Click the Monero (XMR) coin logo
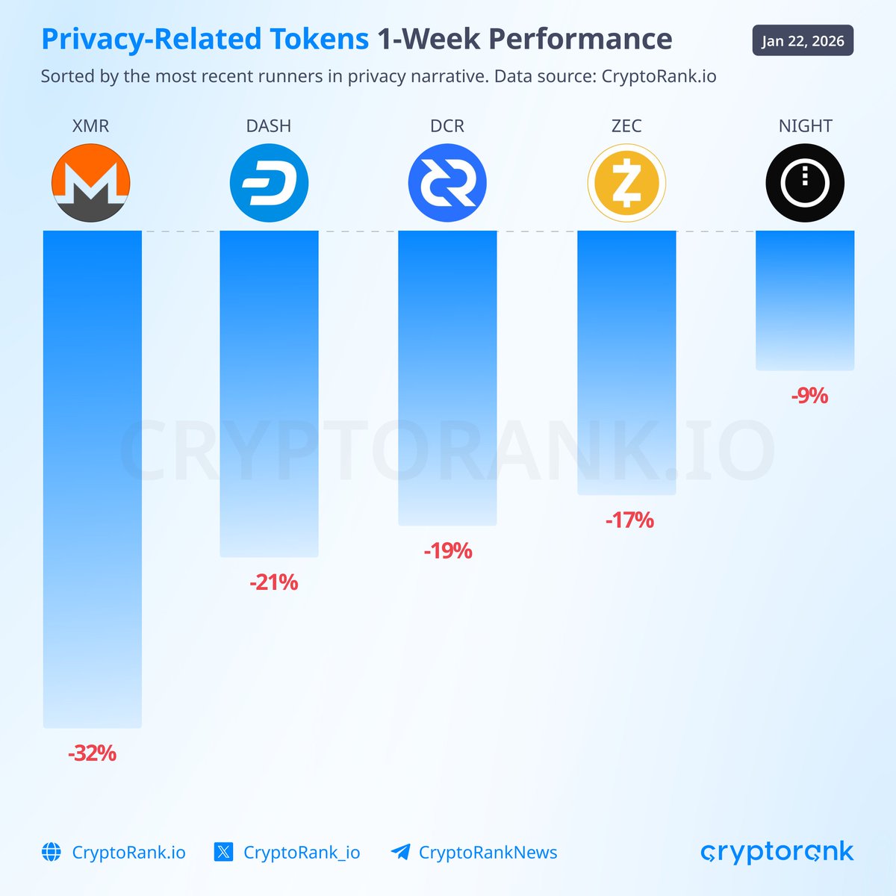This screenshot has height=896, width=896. pyautogui.click(x=91, y=183)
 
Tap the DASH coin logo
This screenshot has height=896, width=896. pyautogui.click(x=269, y=183)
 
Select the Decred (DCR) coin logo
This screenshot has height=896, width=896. pyautogui.click(x=447, y=183)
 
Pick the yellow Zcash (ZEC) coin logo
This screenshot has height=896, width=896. pyautogui.click(x=626, y=183)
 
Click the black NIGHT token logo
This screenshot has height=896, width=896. pyautogui.click(x=805, y=183)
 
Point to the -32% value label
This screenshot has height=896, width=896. pyautogui.click(x=92, y=753)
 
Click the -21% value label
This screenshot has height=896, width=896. pyautogui.click(x=273, y=582)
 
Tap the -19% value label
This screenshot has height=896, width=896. pyautogui.click(x=448, y=551)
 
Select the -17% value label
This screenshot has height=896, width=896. pyautogui.click(x=629, y=520)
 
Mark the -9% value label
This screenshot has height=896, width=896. pyautogui.click(x=809, y=396)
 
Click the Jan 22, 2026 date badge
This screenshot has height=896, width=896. pyautogui.click(x=803, y=41)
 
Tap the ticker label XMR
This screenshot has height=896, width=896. pyautogui.click(x=91, y=126)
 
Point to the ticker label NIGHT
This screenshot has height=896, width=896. pyautogui.click(x=805, y=126)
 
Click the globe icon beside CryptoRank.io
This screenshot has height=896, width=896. pyautogui.click(x=52, y=852)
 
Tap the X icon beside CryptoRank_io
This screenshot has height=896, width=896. pyautogui.click(x=223, y=852)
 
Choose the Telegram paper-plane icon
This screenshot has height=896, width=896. pyautogui.click(x=400, y=852)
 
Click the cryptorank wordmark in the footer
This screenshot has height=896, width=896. pyautogui.click(x=777, y=852)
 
